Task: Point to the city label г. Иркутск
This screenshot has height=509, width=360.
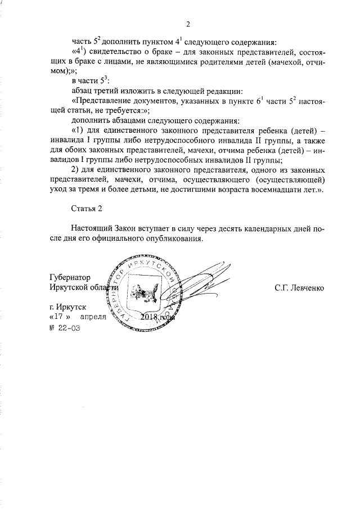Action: pyautogui.click(x=67, y=308)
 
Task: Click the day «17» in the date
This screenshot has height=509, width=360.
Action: pyautogui.click(x=62, y=318)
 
